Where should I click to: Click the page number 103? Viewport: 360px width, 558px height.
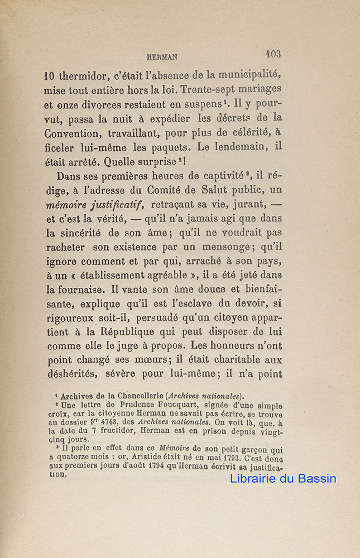click(x=273, y=54)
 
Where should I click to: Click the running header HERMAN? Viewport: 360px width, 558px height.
click(x=161, y=56)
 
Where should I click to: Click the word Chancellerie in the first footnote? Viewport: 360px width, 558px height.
click(x=133, y=396)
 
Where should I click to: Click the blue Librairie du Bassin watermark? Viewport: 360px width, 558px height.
click(x=283, y=478)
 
